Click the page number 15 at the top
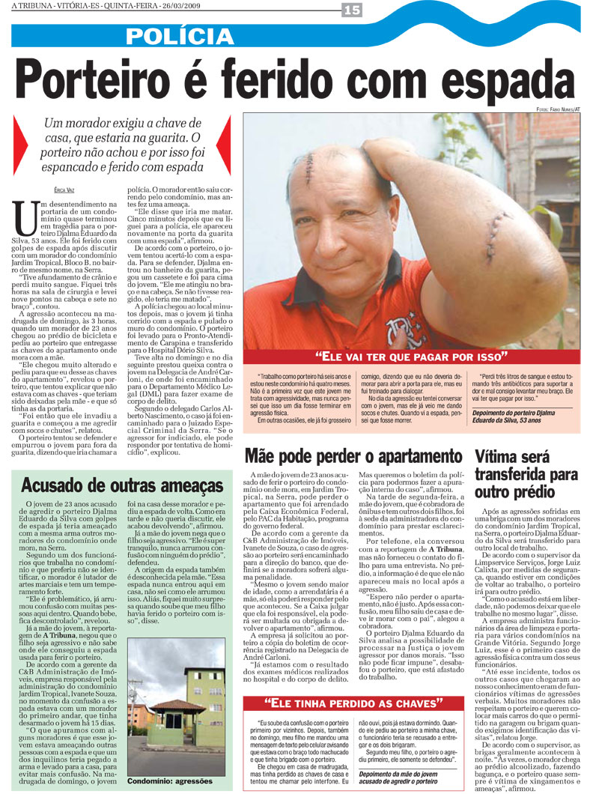(x=351, y=10)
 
